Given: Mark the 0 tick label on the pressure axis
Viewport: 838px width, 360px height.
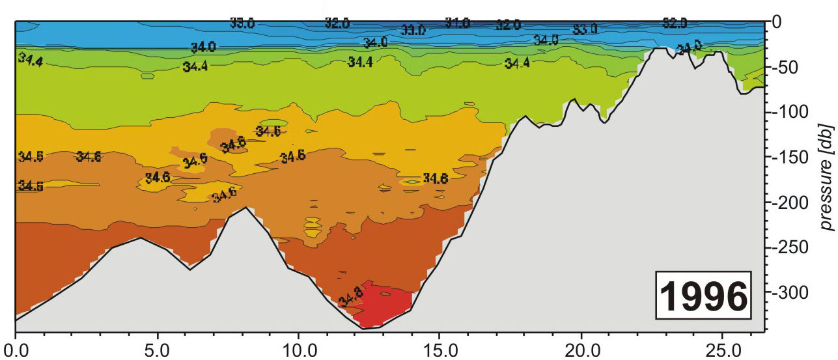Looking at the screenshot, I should coord(778,22).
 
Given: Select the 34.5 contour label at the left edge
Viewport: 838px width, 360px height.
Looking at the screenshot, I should coord(31,186).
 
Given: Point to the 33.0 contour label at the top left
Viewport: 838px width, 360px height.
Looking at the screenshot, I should coord(242,23).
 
